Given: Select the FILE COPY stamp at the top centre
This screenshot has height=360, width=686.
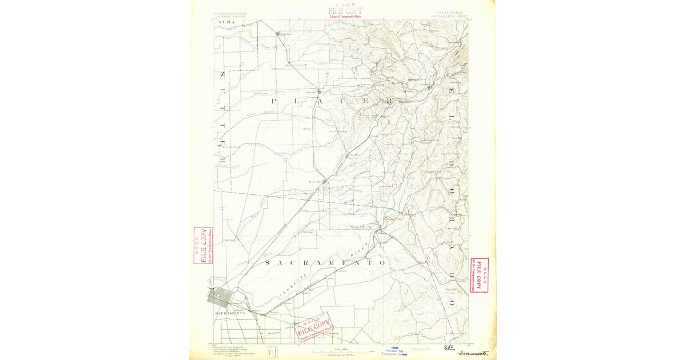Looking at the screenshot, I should [x=345, y=10].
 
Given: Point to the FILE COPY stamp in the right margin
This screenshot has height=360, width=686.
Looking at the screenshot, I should [x=479, y=275].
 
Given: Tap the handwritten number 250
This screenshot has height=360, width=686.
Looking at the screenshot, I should [x=449, y=347].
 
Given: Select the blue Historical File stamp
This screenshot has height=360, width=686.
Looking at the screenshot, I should [x=394, y=350].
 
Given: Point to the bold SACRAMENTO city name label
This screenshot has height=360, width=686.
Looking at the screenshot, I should [x=230, y=314].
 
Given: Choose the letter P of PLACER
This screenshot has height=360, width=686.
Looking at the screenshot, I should [x=273, y=101].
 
